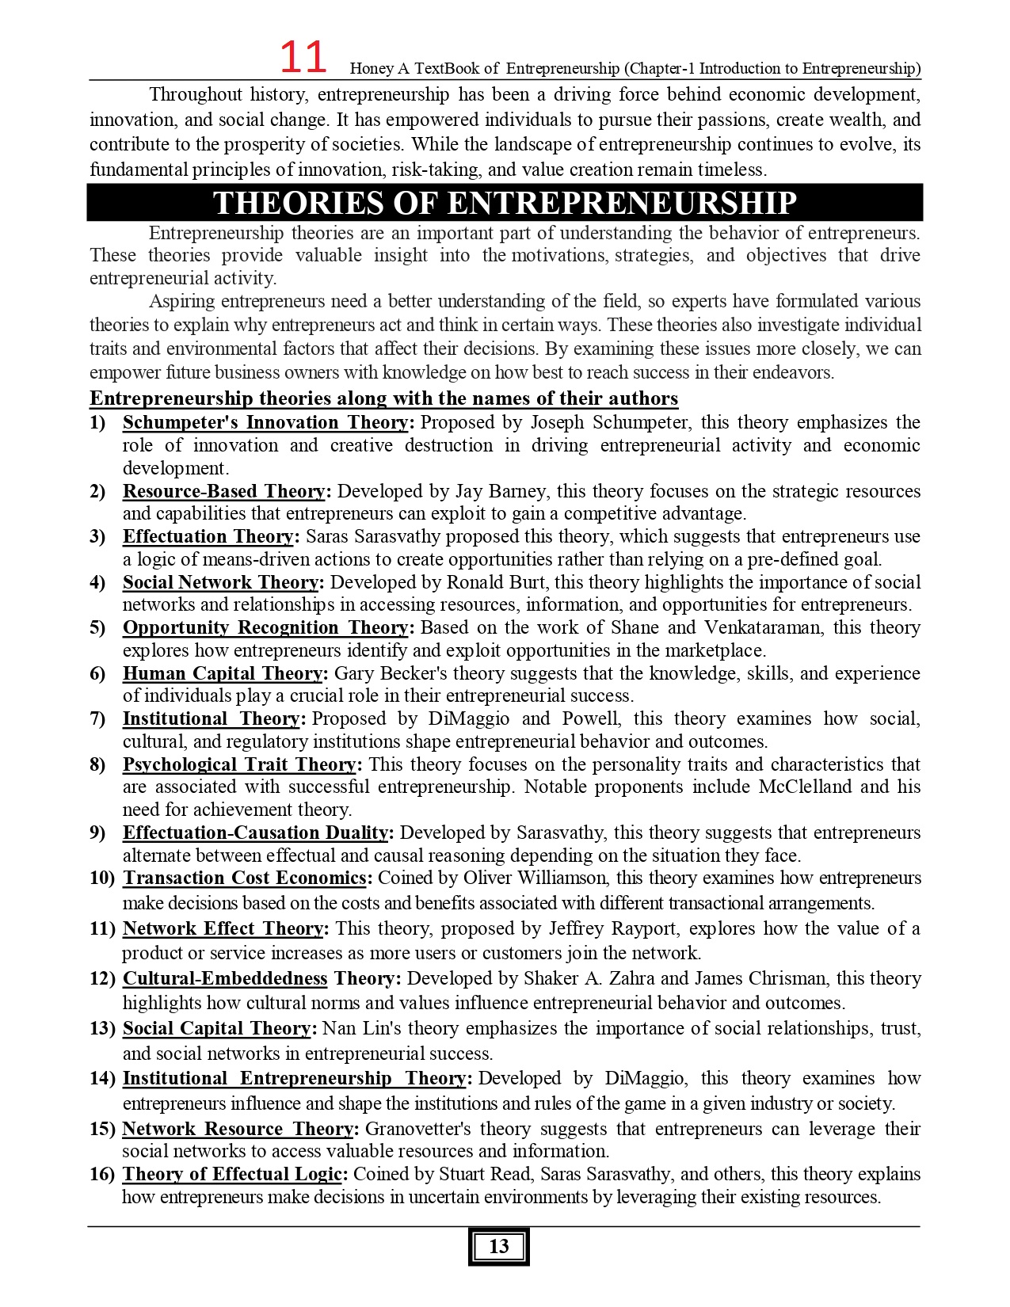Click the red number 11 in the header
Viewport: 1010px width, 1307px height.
303,59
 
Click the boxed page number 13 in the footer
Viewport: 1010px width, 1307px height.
498,1246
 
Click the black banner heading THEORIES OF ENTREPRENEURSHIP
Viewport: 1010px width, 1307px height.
505,203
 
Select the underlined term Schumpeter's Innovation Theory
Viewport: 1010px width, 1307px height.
265,422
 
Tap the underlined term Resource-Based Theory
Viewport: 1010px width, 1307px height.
223,491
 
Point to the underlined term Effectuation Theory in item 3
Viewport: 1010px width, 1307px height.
208,536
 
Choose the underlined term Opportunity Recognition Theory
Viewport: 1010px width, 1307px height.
265,627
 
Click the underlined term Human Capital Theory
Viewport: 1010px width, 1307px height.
223,673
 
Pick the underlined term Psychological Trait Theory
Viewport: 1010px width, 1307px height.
239,764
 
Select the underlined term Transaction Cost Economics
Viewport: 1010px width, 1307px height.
244,878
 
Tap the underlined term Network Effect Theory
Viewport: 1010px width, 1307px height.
223,928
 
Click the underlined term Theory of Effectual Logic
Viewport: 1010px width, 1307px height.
232,1174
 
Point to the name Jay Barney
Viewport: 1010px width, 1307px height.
502,491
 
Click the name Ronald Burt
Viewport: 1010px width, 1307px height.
497,582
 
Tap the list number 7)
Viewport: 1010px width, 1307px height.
97,718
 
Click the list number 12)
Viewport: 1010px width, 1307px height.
102,978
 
